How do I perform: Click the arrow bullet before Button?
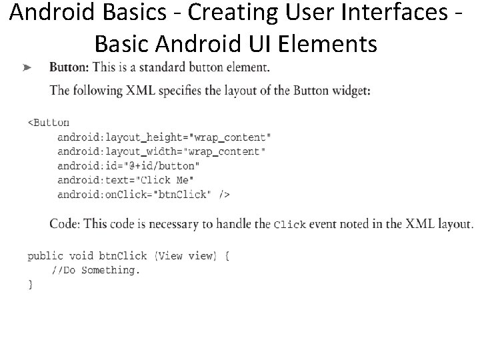pos(27,67)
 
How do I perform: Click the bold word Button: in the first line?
pos(69,67)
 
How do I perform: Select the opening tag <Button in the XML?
pos(48,123)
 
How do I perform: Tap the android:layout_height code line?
pos(164,137)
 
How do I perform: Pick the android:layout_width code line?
pos(161,151)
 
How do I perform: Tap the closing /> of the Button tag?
pos(224,195)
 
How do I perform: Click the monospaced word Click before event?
pos(289,225)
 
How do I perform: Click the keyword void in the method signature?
pos(81,256)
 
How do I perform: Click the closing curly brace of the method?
pos(30,284)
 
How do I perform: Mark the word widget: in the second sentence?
pos(350,91)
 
